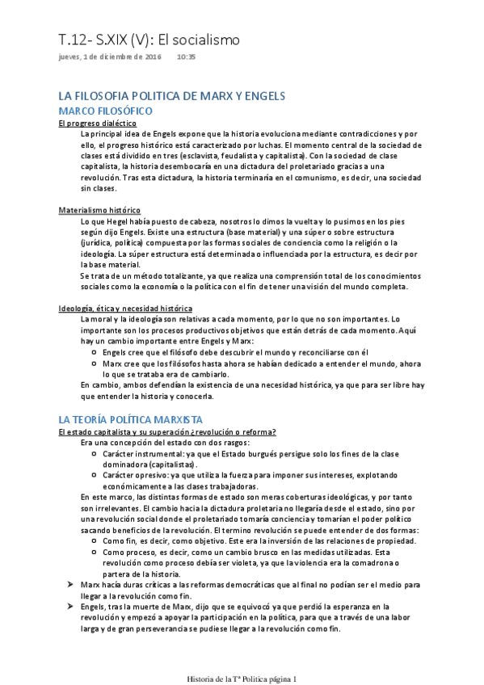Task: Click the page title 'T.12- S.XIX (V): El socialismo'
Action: pyautogui.click(x=149, y=40)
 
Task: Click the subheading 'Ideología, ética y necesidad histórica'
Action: pyautogui.click(x=124, y=308)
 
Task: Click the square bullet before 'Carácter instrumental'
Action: pyautogui.click(x=95, y=455)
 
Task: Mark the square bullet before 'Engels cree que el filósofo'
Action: pyautogui.click(x=95, y=352)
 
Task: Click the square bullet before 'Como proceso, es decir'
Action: pyautogui.click(x=95, y=551)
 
